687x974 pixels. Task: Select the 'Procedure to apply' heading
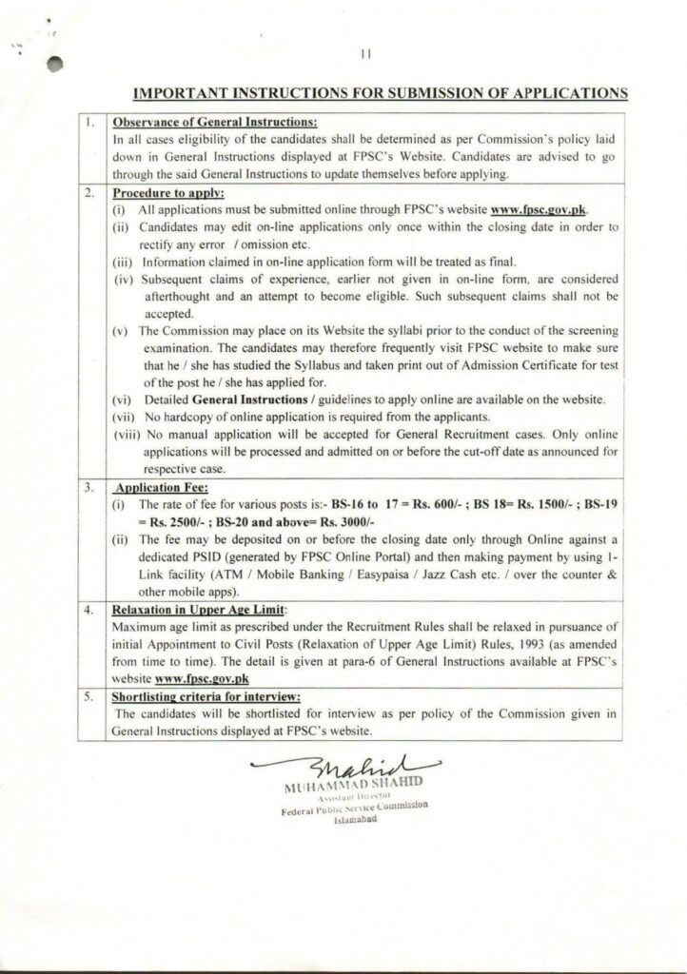tap(167, 193)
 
